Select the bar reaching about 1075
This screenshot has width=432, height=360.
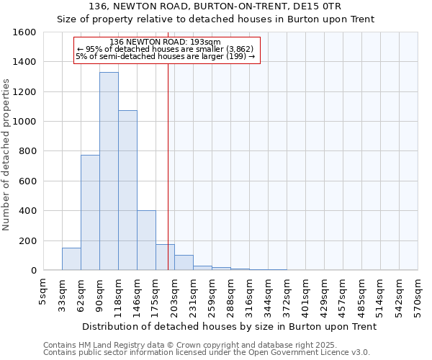click(127, 190)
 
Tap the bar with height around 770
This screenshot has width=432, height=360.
click(90, 212)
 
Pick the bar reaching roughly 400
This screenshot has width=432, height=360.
click(146, 240)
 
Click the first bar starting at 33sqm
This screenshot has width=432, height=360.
click(71, 259)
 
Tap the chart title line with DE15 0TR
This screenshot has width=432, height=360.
click(215, 6)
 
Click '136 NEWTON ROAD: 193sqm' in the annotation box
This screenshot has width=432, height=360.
click(166, 42)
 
